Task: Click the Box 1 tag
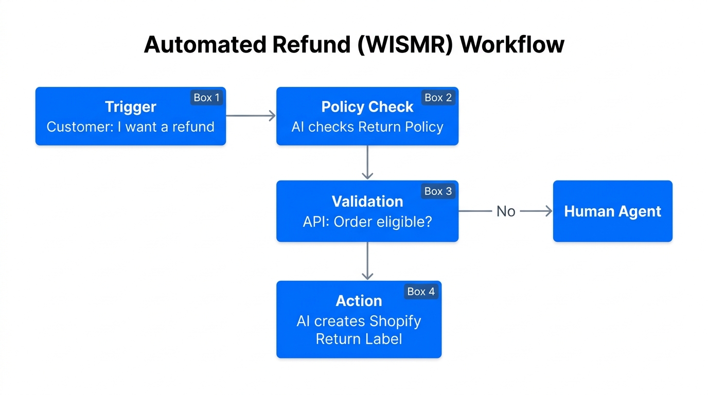point(206,98)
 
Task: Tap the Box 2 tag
point(438,98)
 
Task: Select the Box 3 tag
point(438,191)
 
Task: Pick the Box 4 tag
point(421,292)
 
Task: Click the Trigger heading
point(130,107)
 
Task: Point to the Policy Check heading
point(367,107)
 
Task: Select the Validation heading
point(367,201)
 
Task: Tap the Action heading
point(359,301)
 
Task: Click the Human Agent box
point(612,211)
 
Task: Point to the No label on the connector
point(506,211)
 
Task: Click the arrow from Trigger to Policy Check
point(251,116)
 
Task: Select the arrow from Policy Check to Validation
point(367,163)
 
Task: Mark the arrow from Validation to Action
point(367,261)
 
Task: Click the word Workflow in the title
point(512,45)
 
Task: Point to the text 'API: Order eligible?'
point(367,222)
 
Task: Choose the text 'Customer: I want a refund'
point(130,127)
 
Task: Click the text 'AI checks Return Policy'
point(367,127)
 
